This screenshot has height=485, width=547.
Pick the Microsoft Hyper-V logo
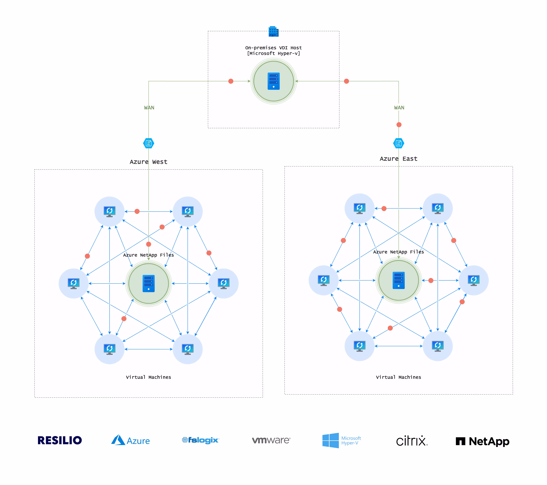click(341, 440)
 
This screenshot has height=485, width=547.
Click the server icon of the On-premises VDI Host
click(273, 81)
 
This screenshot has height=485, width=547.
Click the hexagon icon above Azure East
click(399, 143)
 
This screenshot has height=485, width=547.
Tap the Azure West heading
click(148, 162)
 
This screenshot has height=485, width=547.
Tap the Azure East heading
click(399, 159)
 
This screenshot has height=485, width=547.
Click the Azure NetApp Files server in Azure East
click(399, 280)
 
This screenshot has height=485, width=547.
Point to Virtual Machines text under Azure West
click(148, 377)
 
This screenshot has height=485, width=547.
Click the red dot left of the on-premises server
click(231, 81)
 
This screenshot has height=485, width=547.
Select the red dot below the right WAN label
click(399, 125)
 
